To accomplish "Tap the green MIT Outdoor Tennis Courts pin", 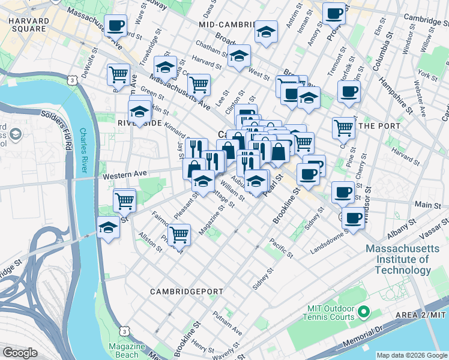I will [x=363, y=312].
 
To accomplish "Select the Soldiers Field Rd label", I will [x=60, y=120].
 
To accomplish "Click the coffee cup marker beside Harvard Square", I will [x=115, y=26].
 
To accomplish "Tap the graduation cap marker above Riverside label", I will [x=139, y=112].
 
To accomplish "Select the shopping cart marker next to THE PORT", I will [x=343, y=127].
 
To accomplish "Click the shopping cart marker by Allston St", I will [x=179, y=235].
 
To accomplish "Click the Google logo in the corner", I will [x=20, y=353].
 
